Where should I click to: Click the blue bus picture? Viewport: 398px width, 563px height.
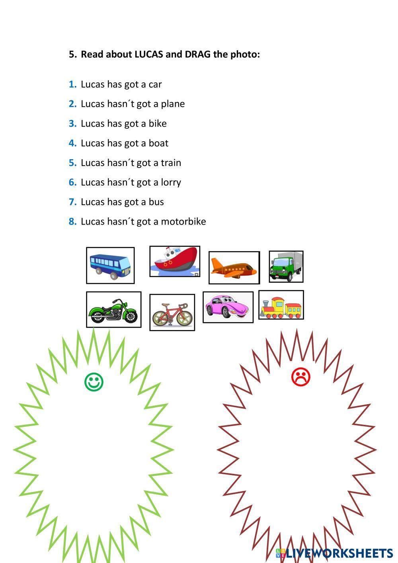point(110,266)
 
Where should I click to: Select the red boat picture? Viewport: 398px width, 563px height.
point(175,261)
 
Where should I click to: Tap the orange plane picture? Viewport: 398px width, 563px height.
point(234,268)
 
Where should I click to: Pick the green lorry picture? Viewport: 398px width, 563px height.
point(286,266)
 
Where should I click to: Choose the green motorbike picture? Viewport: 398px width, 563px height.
point(113,310)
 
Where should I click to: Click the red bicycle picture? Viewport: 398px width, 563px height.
point(172,313)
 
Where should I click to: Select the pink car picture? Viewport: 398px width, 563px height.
point(228,307)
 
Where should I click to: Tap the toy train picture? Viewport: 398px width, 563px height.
point(281,305)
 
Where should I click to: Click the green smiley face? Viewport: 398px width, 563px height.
point(94,382)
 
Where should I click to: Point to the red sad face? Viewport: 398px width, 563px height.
point(301,377)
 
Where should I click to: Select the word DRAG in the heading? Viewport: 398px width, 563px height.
point(198,54)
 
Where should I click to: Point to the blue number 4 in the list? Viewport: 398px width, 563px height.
point(72,143)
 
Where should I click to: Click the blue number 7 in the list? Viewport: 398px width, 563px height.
point(72,202)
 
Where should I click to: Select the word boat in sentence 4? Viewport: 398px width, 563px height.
point(158,143)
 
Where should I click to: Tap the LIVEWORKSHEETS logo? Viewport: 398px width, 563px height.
point(335,553)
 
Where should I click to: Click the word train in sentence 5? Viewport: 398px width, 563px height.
point(171,163)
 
